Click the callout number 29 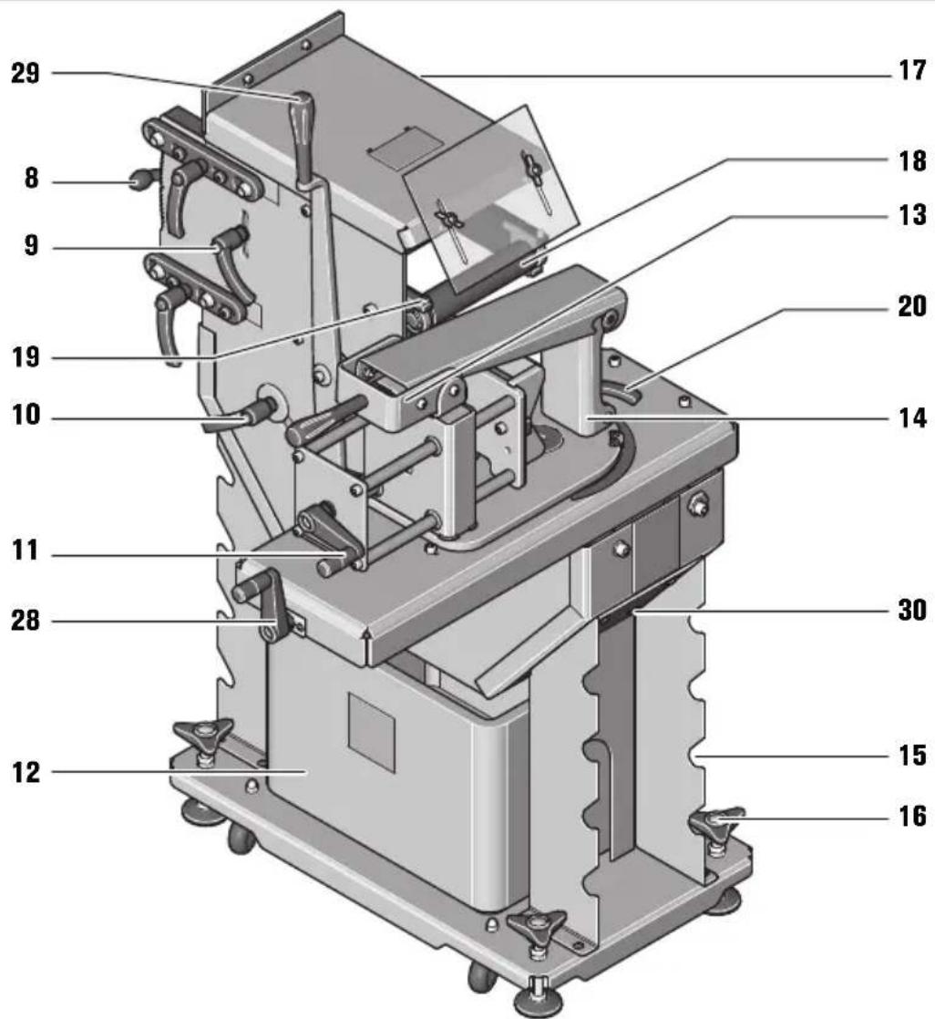click(x=26, y=74)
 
